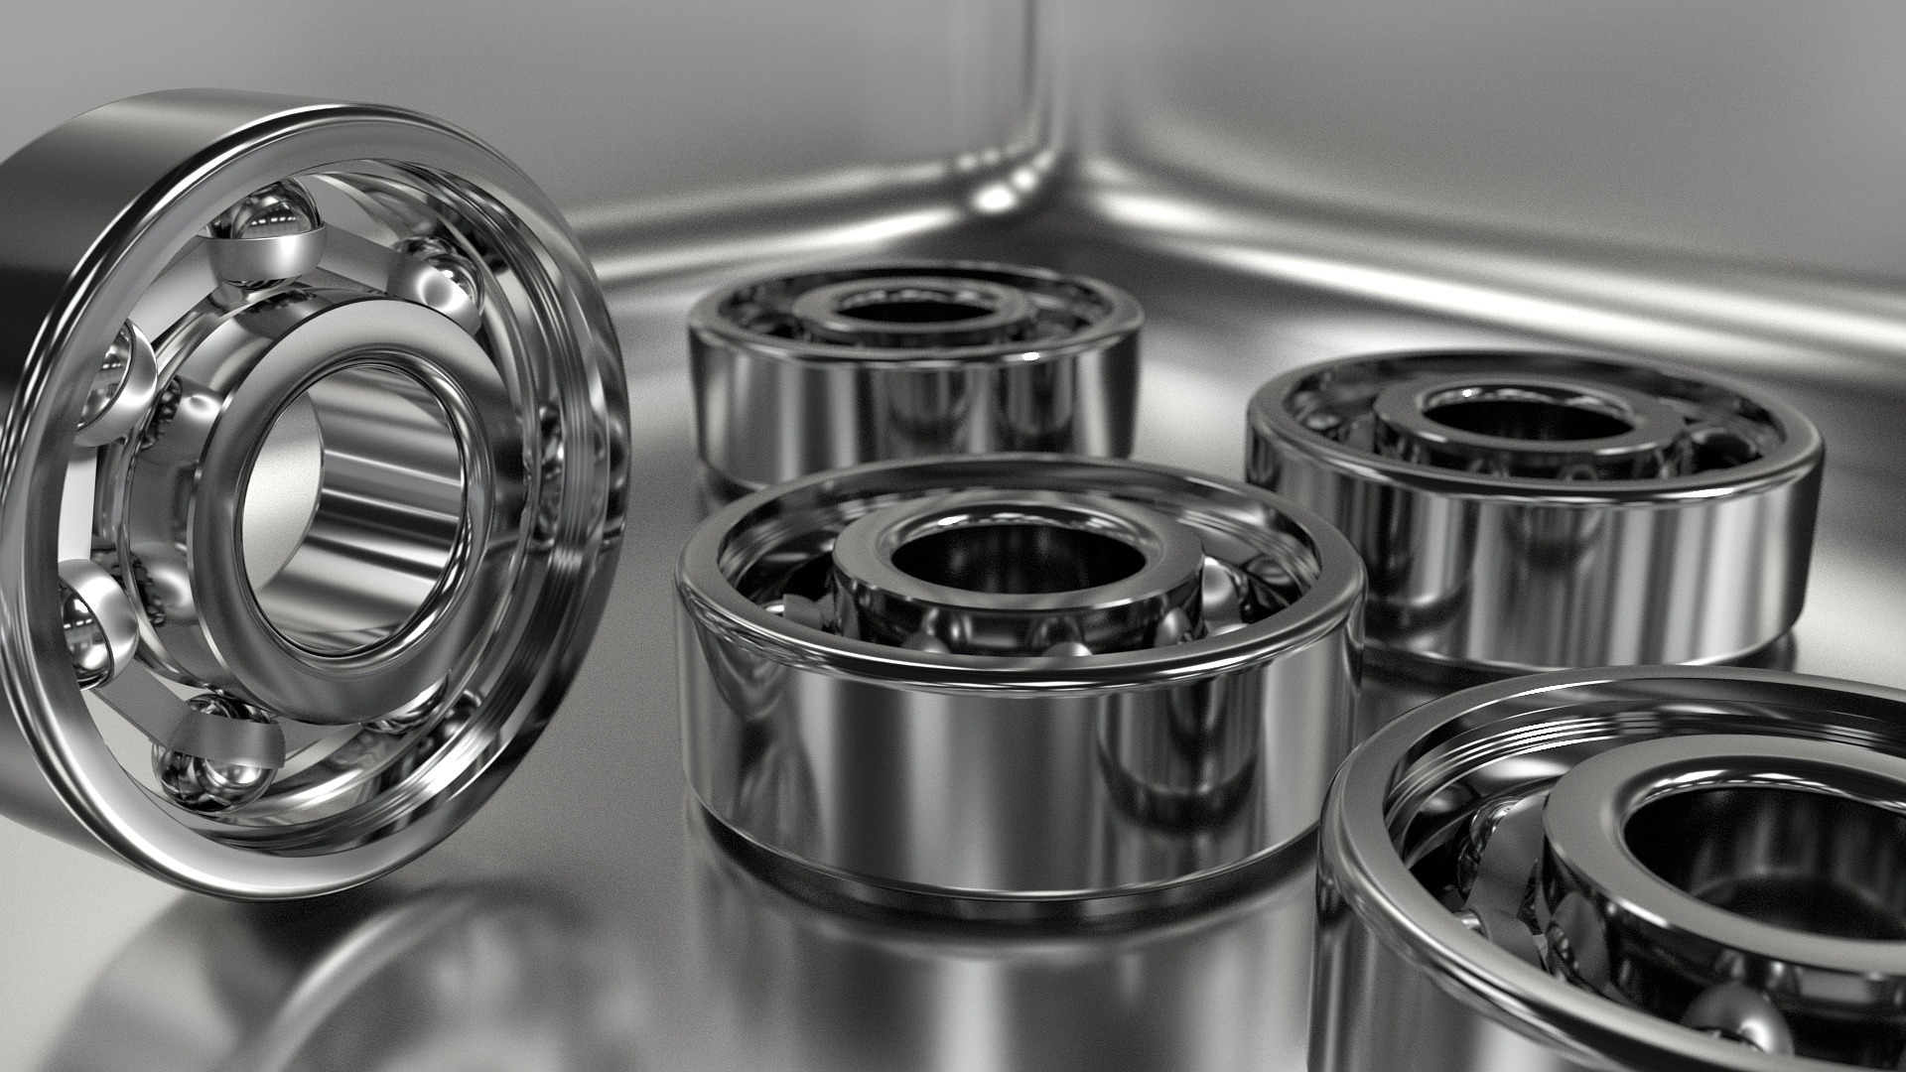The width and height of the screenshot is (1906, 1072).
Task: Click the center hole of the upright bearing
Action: tap(352, 506)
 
